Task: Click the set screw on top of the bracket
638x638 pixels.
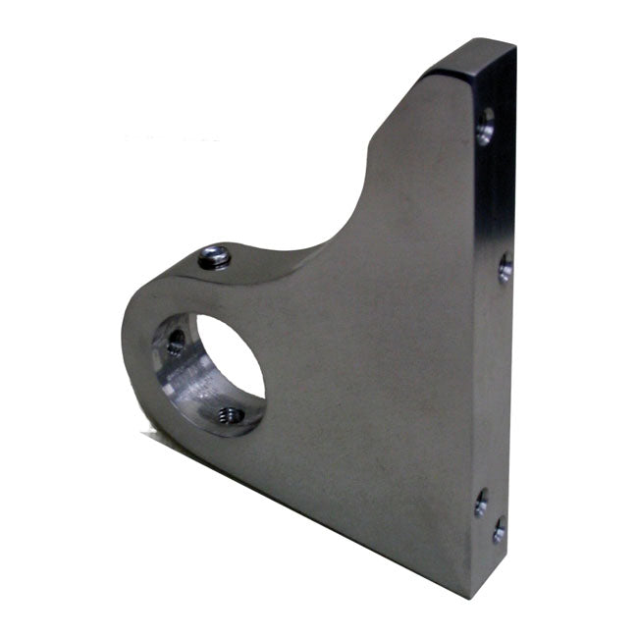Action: coord(214,257)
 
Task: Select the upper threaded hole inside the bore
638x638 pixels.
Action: coord(176,342)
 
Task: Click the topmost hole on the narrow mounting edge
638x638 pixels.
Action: coord(485,126)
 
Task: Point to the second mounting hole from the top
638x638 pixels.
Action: coord(505,267)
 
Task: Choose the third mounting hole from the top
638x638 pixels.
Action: coord(481,503)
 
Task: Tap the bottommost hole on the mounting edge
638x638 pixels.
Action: coord(499,531)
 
